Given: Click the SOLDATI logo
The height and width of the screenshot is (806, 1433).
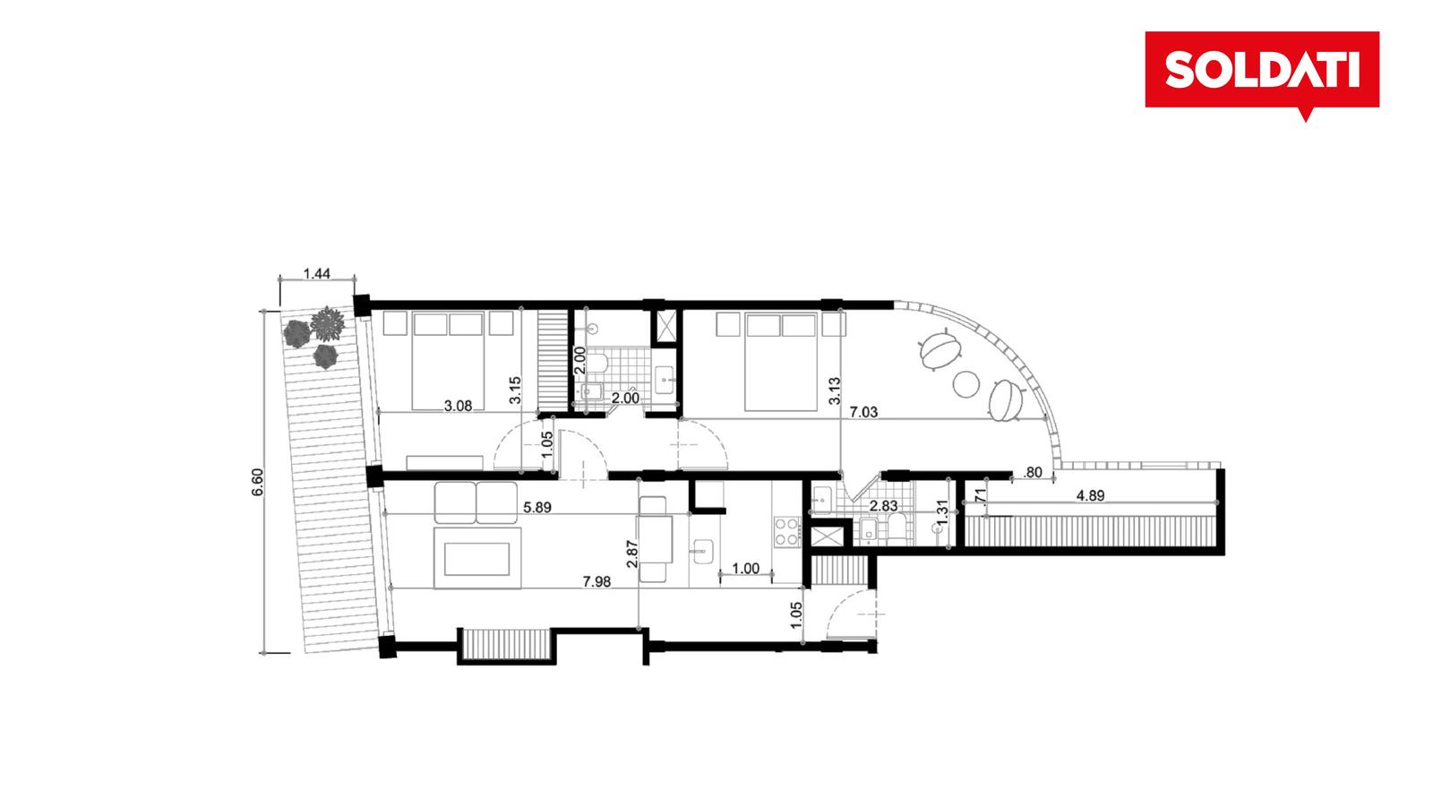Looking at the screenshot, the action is (x=1262, y=71).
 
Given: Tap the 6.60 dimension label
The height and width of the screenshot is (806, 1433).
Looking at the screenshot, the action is (x=257, y=483).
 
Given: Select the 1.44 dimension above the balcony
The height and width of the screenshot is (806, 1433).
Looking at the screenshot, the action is (x=317, y=274).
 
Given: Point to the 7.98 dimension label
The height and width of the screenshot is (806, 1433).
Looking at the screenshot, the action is (x=596, y=581).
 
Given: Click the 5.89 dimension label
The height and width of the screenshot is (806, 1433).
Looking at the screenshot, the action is (x=537, y=507).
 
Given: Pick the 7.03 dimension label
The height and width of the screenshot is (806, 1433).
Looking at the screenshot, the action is (x=863, y=413).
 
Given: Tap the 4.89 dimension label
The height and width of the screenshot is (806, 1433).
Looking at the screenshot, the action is (x=1090, y=496).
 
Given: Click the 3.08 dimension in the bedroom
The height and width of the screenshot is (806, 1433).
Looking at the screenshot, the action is (x=458, y=406).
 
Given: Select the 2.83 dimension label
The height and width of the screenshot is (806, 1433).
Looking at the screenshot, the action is (x=883, y=505).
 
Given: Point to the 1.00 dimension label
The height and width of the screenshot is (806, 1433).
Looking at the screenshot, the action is (x=745, y=568).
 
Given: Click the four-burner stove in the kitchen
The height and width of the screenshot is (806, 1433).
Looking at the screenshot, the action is (x=787, y=531).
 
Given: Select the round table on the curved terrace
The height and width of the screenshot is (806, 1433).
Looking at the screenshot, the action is (x=966, y=384).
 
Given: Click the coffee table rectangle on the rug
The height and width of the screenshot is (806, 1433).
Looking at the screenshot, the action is (x=477, y=559).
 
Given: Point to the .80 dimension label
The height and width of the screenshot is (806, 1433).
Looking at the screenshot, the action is (x=1033, y=473).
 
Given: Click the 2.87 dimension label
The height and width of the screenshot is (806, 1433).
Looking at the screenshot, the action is (x=632, y=554).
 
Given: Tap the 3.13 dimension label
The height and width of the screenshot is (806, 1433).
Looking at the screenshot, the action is (x=834, y=390).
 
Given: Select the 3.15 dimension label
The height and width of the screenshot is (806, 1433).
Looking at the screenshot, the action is (x=515, y=390).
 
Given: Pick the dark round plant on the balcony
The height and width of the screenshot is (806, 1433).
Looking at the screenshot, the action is (x=296, y=333).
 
